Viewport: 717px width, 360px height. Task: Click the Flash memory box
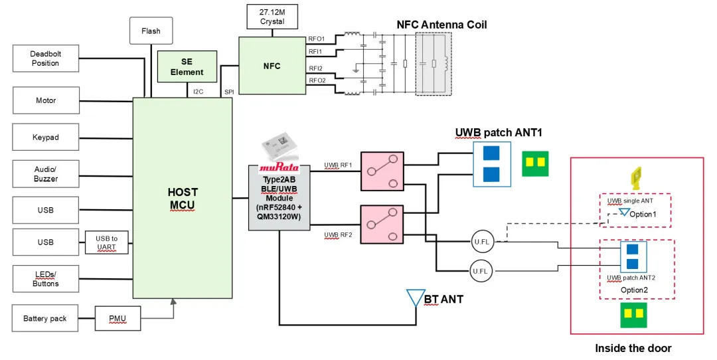(151, 31)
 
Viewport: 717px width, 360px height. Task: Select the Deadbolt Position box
(45, 58)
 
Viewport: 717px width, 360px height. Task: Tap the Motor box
(45, 100)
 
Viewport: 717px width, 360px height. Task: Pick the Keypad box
(45, 137)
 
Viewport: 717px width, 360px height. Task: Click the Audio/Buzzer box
(45, 174)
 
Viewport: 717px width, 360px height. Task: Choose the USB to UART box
(106, 242)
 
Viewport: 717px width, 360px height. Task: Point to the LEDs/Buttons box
(45, 279)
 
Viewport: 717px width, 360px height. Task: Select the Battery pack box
(44, 318)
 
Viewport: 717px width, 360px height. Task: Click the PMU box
(118, 318)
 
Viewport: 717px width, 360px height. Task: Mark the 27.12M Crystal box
(272, 17)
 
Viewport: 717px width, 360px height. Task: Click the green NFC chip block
(272, 66)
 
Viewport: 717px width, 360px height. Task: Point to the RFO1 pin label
(315, 39)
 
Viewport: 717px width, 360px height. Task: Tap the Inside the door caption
(633, 348)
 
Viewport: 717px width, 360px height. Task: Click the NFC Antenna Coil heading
(441, 25)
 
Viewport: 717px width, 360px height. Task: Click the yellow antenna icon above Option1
(635, 176)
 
